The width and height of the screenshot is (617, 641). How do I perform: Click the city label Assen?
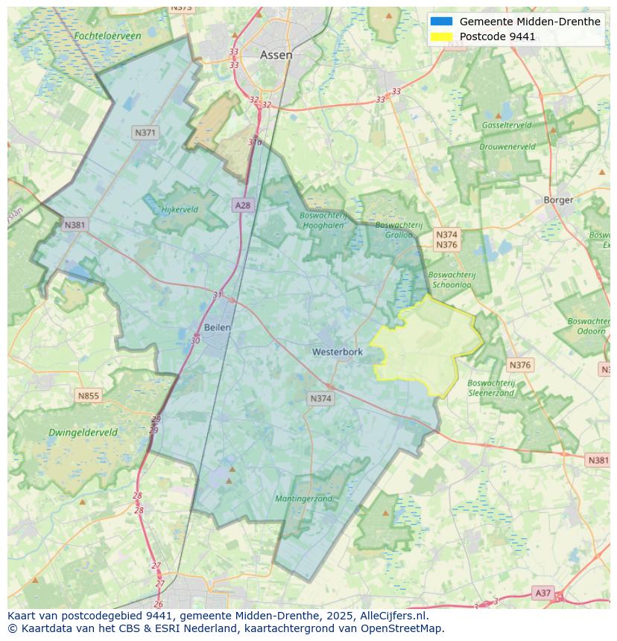click(x=276, y=55)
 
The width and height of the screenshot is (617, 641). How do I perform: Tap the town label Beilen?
click(x=218, y=327)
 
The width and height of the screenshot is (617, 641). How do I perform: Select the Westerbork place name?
click(x=337, y=351)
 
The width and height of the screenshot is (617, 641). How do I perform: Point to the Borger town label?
click(x=558, y=200)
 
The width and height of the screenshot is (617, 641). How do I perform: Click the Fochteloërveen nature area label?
click(x=107, y=35)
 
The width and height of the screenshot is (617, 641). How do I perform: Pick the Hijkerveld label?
click(x=180, y=209)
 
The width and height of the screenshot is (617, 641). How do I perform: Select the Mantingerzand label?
click(x=303, y=498)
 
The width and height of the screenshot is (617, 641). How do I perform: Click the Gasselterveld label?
click(x=507, y=125)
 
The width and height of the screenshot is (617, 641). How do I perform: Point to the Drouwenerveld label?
click(x=507, y=147)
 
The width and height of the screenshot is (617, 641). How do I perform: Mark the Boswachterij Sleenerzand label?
click(x=491, y=387)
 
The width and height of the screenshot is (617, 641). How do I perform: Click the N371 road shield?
click(x=145, y=133)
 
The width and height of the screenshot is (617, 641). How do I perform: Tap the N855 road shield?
click(x=88, y=396)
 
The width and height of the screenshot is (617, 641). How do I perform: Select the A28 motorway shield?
click(x=242, y=205)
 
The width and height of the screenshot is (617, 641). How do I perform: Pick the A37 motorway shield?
click(x=542, y=593)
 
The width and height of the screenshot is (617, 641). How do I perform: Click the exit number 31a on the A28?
click(x=255, y=142)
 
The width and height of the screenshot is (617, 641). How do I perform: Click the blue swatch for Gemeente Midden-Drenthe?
click(x=441, y=22)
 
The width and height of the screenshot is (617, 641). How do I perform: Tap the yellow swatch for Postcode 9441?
click(x=441, y=36)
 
